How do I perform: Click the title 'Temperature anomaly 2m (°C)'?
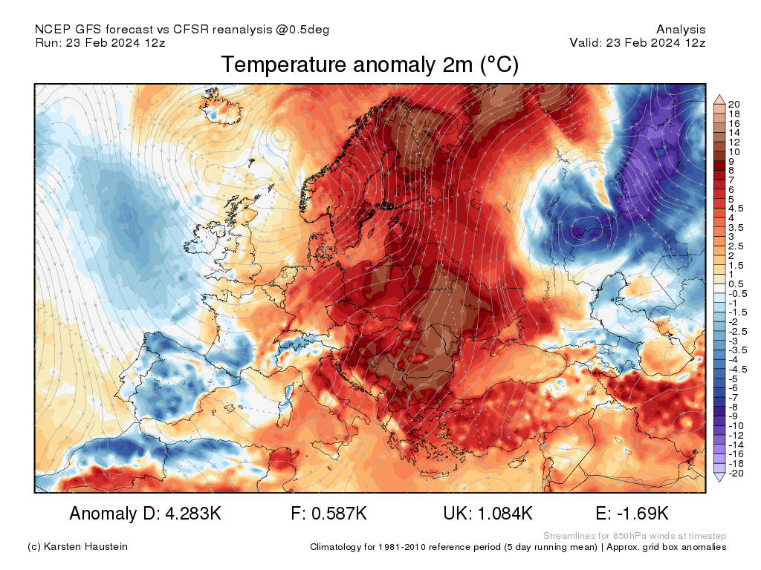pos(369,65)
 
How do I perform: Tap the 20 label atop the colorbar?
pos(734,104)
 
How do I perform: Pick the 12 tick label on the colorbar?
pos(734,142)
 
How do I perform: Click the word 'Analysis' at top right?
pos(681,30)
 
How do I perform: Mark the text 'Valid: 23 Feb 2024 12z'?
pos(638,43)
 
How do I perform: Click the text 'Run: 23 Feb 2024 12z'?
pos(100,43)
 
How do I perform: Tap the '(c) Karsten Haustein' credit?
pos(77,546)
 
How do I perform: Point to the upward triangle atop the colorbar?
pos(719,98)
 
